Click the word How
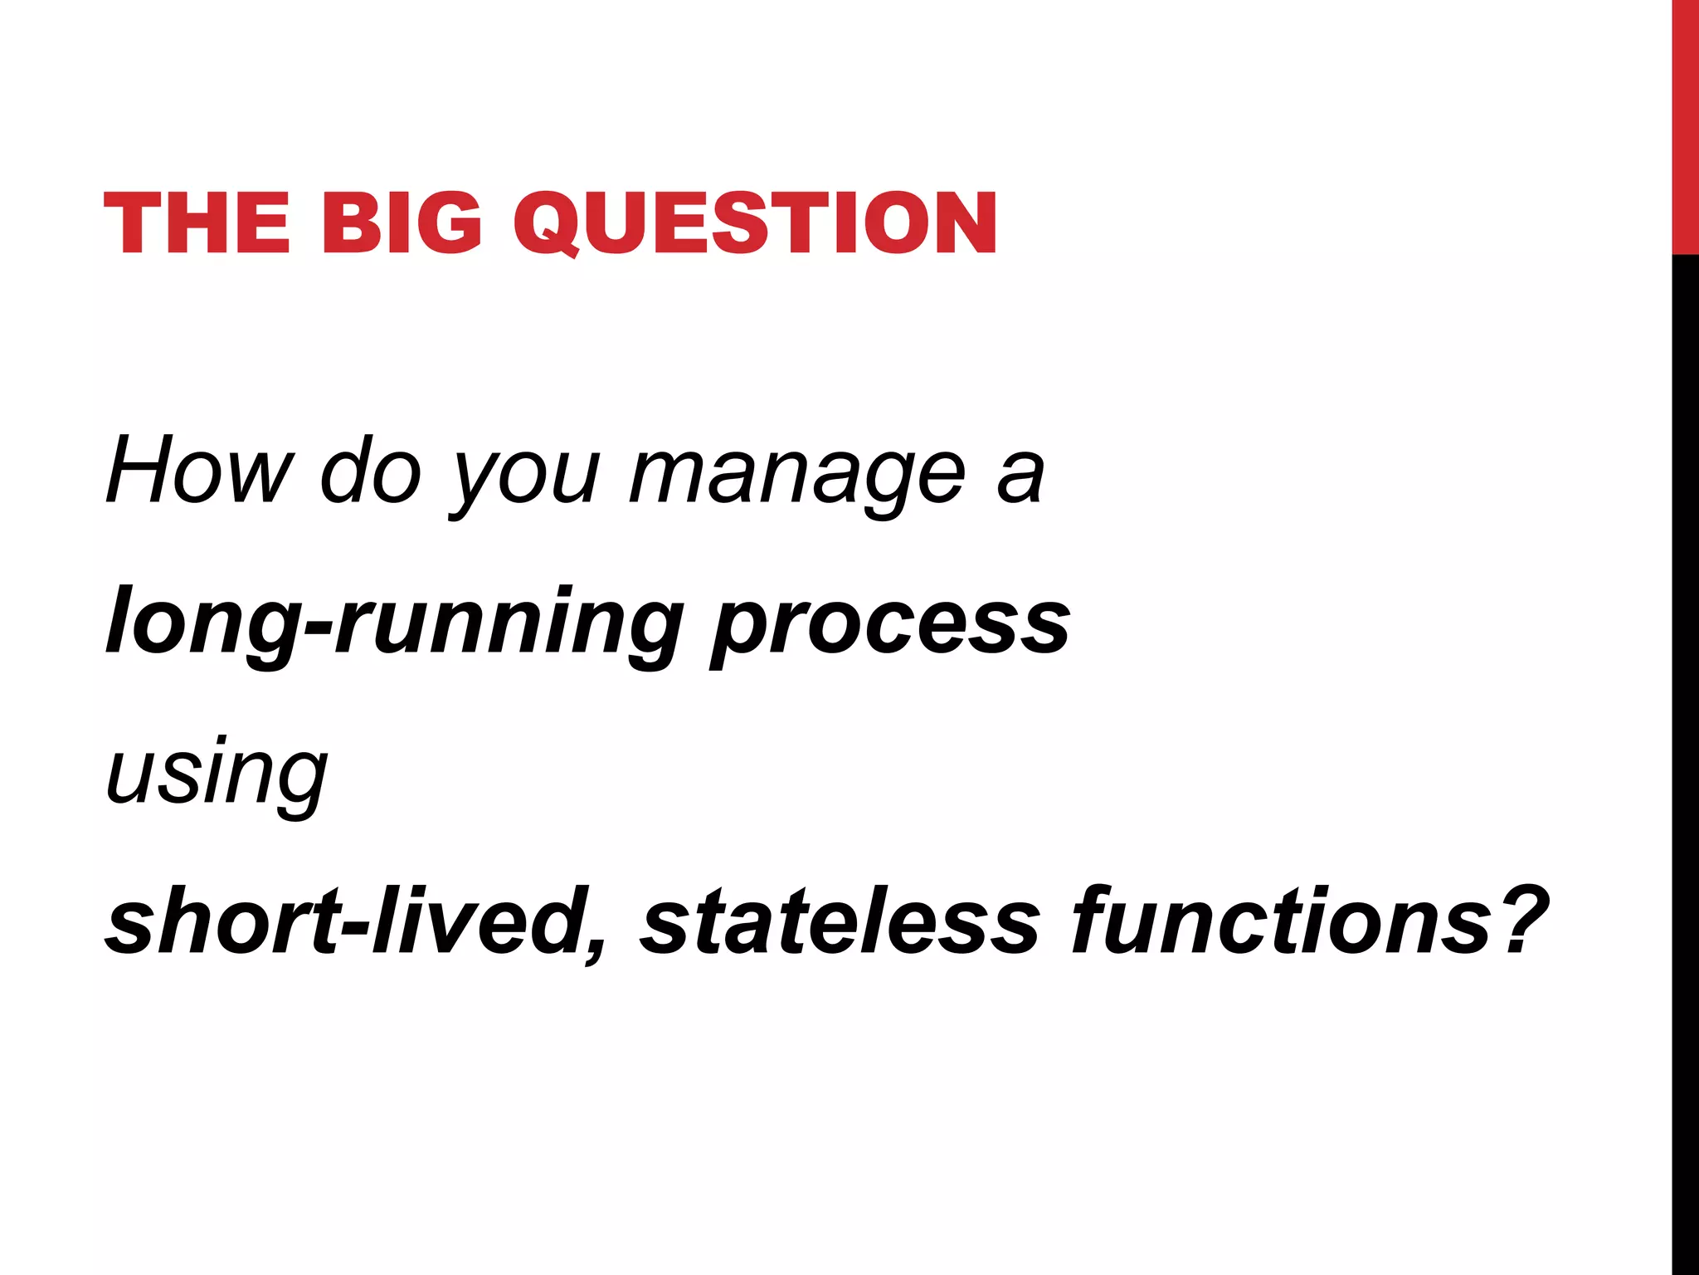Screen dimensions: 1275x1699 pos(199,471)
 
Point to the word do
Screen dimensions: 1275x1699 pos(371,471)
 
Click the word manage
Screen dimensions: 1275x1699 pos(797,477)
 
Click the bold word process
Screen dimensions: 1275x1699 pos(891,627)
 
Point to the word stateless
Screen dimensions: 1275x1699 pos(839,921)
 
